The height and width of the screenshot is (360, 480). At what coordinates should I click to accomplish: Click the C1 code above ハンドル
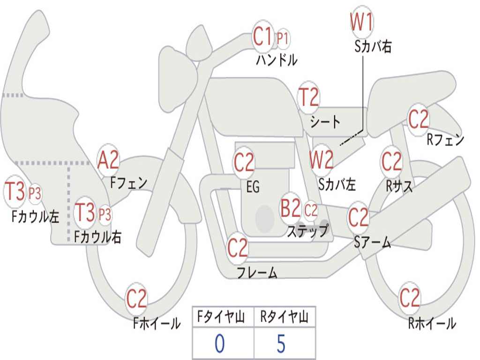(x=262, y=36)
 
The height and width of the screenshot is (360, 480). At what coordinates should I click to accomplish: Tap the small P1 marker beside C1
(x=283, y=39)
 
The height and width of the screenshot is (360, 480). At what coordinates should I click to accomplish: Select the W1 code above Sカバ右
(x=361, y=22)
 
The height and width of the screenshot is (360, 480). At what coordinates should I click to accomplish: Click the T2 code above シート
(x=308, y=97)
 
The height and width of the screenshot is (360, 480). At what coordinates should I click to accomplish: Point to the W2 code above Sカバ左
(x=321, y=159)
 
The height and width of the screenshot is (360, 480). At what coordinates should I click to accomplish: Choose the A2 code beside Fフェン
(x=108, y=160)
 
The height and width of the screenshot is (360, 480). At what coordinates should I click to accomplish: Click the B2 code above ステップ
(x=290, y=208)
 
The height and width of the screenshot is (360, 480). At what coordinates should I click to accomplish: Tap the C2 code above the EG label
(x=244, y=162)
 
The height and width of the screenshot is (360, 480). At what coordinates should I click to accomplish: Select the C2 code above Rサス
(x=391, y=161)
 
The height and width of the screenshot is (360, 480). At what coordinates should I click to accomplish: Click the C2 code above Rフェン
(x=418, y=120)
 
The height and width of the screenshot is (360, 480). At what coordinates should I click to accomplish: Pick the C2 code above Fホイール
(x=136, y=299)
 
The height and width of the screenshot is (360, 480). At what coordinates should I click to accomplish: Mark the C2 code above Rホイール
(x=409, y=298)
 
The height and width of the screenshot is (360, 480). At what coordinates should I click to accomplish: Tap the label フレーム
(x=257, y=272)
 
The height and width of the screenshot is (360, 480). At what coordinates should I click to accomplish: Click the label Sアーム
(x=373, y=242)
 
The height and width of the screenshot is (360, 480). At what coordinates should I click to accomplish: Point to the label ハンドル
(x=277, y=60)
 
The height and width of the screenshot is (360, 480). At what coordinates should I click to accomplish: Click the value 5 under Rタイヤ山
(x=281, y=344)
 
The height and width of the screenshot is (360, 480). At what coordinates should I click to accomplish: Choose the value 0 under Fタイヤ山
(x=219, y=344)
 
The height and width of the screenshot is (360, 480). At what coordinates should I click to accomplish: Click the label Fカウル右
(x=97, y=237)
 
